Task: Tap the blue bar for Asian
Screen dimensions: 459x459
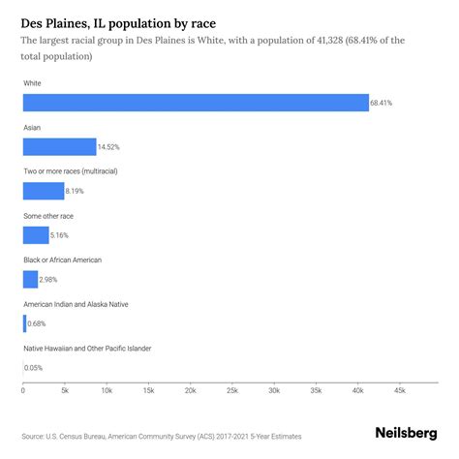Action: coord(59,146)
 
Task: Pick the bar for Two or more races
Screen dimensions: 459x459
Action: coord(44,191)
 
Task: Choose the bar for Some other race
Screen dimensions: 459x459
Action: coord(36,234)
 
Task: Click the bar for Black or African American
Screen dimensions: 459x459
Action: coord(30,279)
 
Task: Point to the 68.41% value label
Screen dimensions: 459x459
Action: coord(382,103)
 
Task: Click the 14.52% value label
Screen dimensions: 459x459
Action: coord(109,147)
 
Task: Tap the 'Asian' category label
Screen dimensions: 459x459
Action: coord(33,127)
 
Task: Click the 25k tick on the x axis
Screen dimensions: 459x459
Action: coord(232,391)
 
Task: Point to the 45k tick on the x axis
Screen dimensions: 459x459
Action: coord(400,391)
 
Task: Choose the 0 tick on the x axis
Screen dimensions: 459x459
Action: coord(23,391)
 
